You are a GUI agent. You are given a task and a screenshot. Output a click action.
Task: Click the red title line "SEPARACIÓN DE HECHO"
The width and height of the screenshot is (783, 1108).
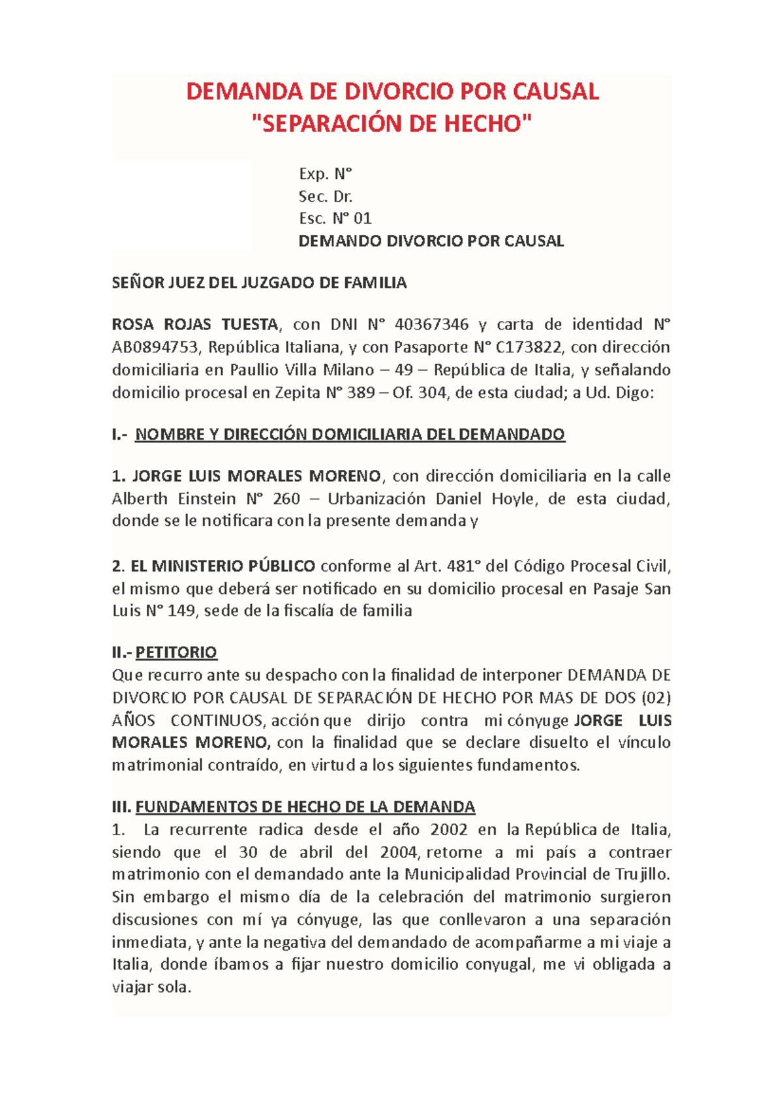pos(391,123)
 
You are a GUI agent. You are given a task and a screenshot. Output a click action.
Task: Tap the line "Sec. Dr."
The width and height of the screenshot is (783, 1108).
pos(326,196)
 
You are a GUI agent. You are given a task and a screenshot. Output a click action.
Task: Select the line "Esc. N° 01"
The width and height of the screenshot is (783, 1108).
pos(335,219)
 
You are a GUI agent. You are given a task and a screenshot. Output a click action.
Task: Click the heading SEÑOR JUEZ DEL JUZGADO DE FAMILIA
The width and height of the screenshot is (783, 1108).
pos(259,283)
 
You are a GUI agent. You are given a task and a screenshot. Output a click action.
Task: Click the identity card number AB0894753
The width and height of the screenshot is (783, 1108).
pos(155,347)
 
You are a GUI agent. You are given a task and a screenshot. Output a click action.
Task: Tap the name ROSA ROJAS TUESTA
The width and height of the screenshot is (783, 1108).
pos(194,324)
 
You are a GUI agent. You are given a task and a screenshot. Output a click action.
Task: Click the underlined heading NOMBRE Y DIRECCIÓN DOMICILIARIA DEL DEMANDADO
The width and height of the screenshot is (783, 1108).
pos(350,435)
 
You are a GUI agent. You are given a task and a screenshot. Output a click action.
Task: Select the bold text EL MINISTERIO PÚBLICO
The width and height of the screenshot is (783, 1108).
pos(223,566)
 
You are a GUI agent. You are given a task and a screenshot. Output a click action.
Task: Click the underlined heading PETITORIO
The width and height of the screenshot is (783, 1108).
pos(176,653)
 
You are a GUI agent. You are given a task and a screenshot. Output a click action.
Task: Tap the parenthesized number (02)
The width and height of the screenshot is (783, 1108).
pos(656,698)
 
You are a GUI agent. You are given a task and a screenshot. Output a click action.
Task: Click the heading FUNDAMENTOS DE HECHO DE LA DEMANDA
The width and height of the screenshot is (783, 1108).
pos(305,807)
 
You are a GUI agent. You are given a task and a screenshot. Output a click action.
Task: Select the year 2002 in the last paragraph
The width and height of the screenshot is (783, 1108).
pos(449,830)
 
